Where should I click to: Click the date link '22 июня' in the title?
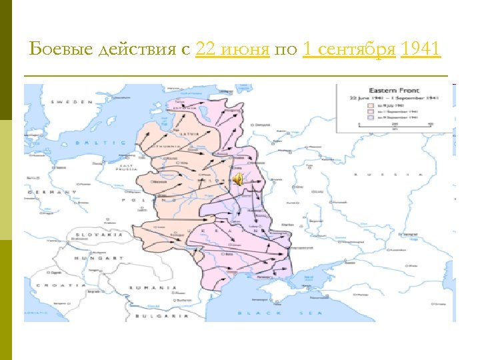[x=233, y=49]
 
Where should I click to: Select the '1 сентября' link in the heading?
[x=349, y=49]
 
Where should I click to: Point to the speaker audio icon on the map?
[x=238, y=177]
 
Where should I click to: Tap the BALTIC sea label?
[x=100, y=143]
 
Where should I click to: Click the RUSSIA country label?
[x=387, y=175]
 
